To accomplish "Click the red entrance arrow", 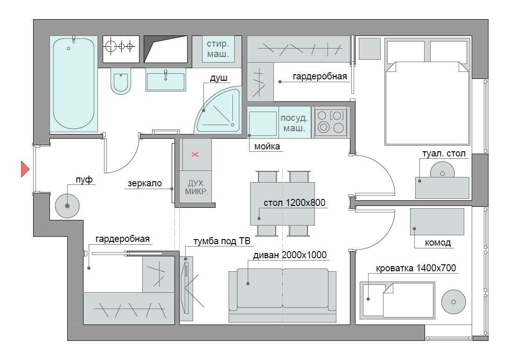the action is tap(25, 169).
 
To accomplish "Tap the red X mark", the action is tap(195, 155).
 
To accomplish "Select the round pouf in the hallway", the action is tap(67, 206).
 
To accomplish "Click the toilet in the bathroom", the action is tap(121, 81).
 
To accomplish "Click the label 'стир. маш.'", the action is tap(218, 49).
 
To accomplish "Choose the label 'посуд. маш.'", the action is tap(294, 123).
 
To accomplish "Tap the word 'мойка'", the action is tap(267, 147).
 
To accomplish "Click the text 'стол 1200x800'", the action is tap(294, 203).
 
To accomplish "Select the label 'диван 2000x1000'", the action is tap(290, 255).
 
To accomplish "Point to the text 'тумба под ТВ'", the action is tap(222, 241).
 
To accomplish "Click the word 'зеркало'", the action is tap(145, 183).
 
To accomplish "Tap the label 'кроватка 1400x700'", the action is tap(416, 268).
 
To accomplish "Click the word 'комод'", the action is tap(438, 243).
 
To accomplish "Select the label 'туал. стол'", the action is tap(444, 153).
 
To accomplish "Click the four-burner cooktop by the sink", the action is tap(331, 122).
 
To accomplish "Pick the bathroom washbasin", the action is tap(166, 80).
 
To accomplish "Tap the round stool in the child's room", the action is tap(453, 302).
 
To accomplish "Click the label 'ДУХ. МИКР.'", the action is tap(196, 188).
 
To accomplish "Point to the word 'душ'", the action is tap(218, 78).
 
